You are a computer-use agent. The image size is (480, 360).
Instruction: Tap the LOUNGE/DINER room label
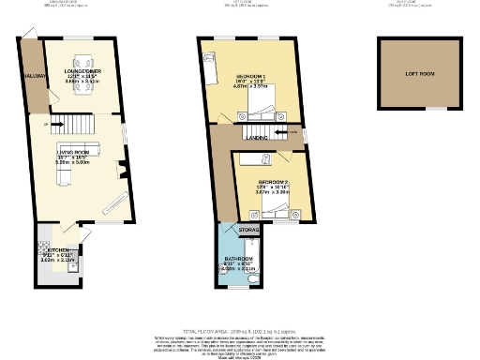coord(76,70)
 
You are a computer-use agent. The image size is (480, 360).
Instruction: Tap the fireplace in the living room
coord(123,170)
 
